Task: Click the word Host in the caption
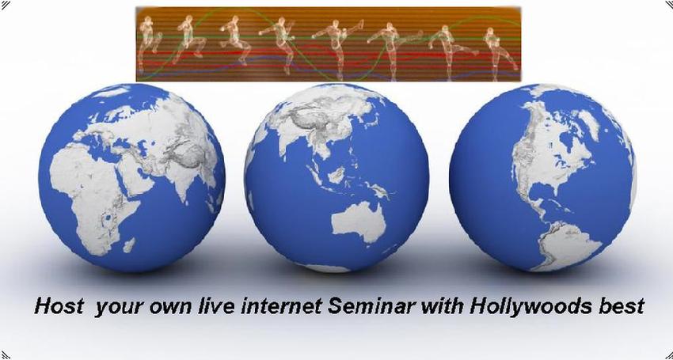(x=59, y=307)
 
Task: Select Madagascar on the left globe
(x=129, y=245)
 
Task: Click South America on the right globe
(x=562, y=244)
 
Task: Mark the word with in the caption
(x=443, y=307)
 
